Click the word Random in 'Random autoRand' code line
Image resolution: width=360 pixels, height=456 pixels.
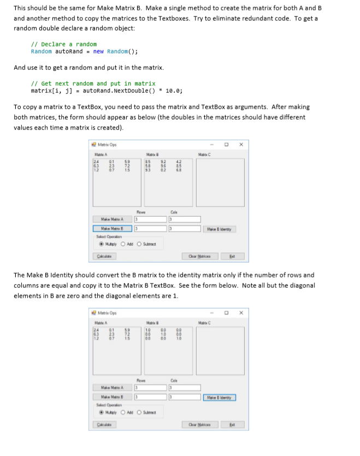42,51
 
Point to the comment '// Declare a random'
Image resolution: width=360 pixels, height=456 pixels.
64,44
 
